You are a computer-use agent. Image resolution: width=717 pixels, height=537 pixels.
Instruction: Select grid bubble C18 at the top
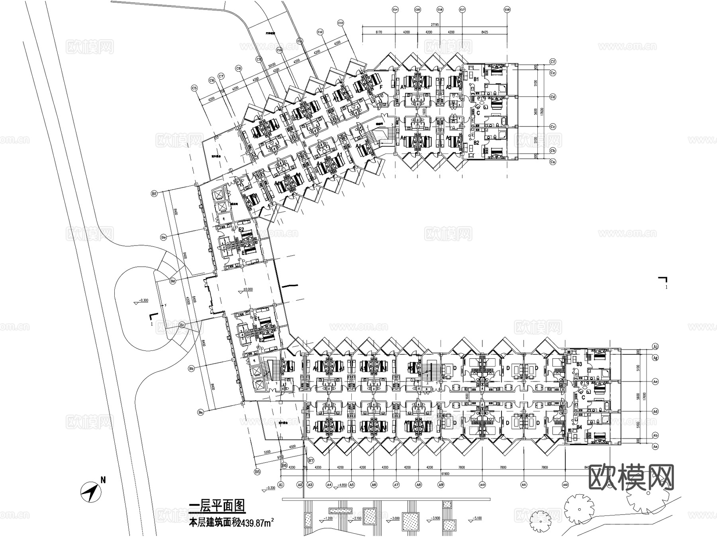507,9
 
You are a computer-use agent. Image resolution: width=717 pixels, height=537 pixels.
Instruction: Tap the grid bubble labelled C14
395,9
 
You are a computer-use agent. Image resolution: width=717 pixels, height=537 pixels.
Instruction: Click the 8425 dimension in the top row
484,32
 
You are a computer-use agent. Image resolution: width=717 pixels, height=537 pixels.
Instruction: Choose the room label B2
476,142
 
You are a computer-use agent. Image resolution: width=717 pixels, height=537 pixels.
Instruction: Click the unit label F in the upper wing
381,87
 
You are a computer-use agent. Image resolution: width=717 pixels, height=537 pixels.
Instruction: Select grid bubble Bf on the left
154,194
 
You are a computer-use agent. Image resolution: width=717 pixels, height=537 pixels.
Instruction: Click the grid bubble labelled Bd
173,281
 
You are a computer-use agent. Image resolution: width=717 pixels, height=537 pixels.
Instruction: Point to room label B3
580,364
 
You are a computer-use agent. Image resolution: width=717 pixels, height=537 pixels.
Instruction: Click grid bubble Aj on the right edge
655,346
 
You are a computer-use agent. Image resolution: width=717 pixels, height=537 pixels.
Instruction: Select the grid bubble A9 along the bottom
441,485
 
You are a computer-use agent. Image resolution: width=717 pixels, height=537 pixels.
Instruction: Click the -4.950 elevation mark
341,485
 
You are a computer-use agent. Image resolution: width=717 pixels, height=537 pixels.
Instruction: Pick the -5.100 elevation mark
476,518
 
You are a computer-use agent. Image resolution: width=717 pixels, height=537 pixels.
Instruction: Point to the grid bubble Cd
552,97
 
